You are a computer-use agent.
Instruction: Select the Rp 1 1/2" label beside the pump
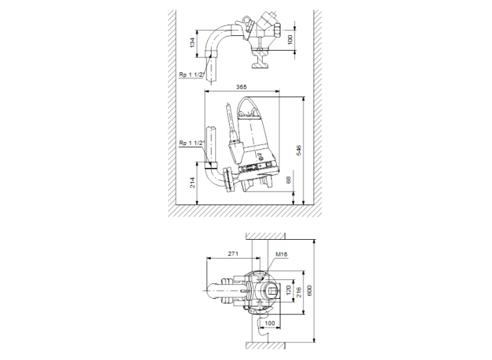coord(191,143)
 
